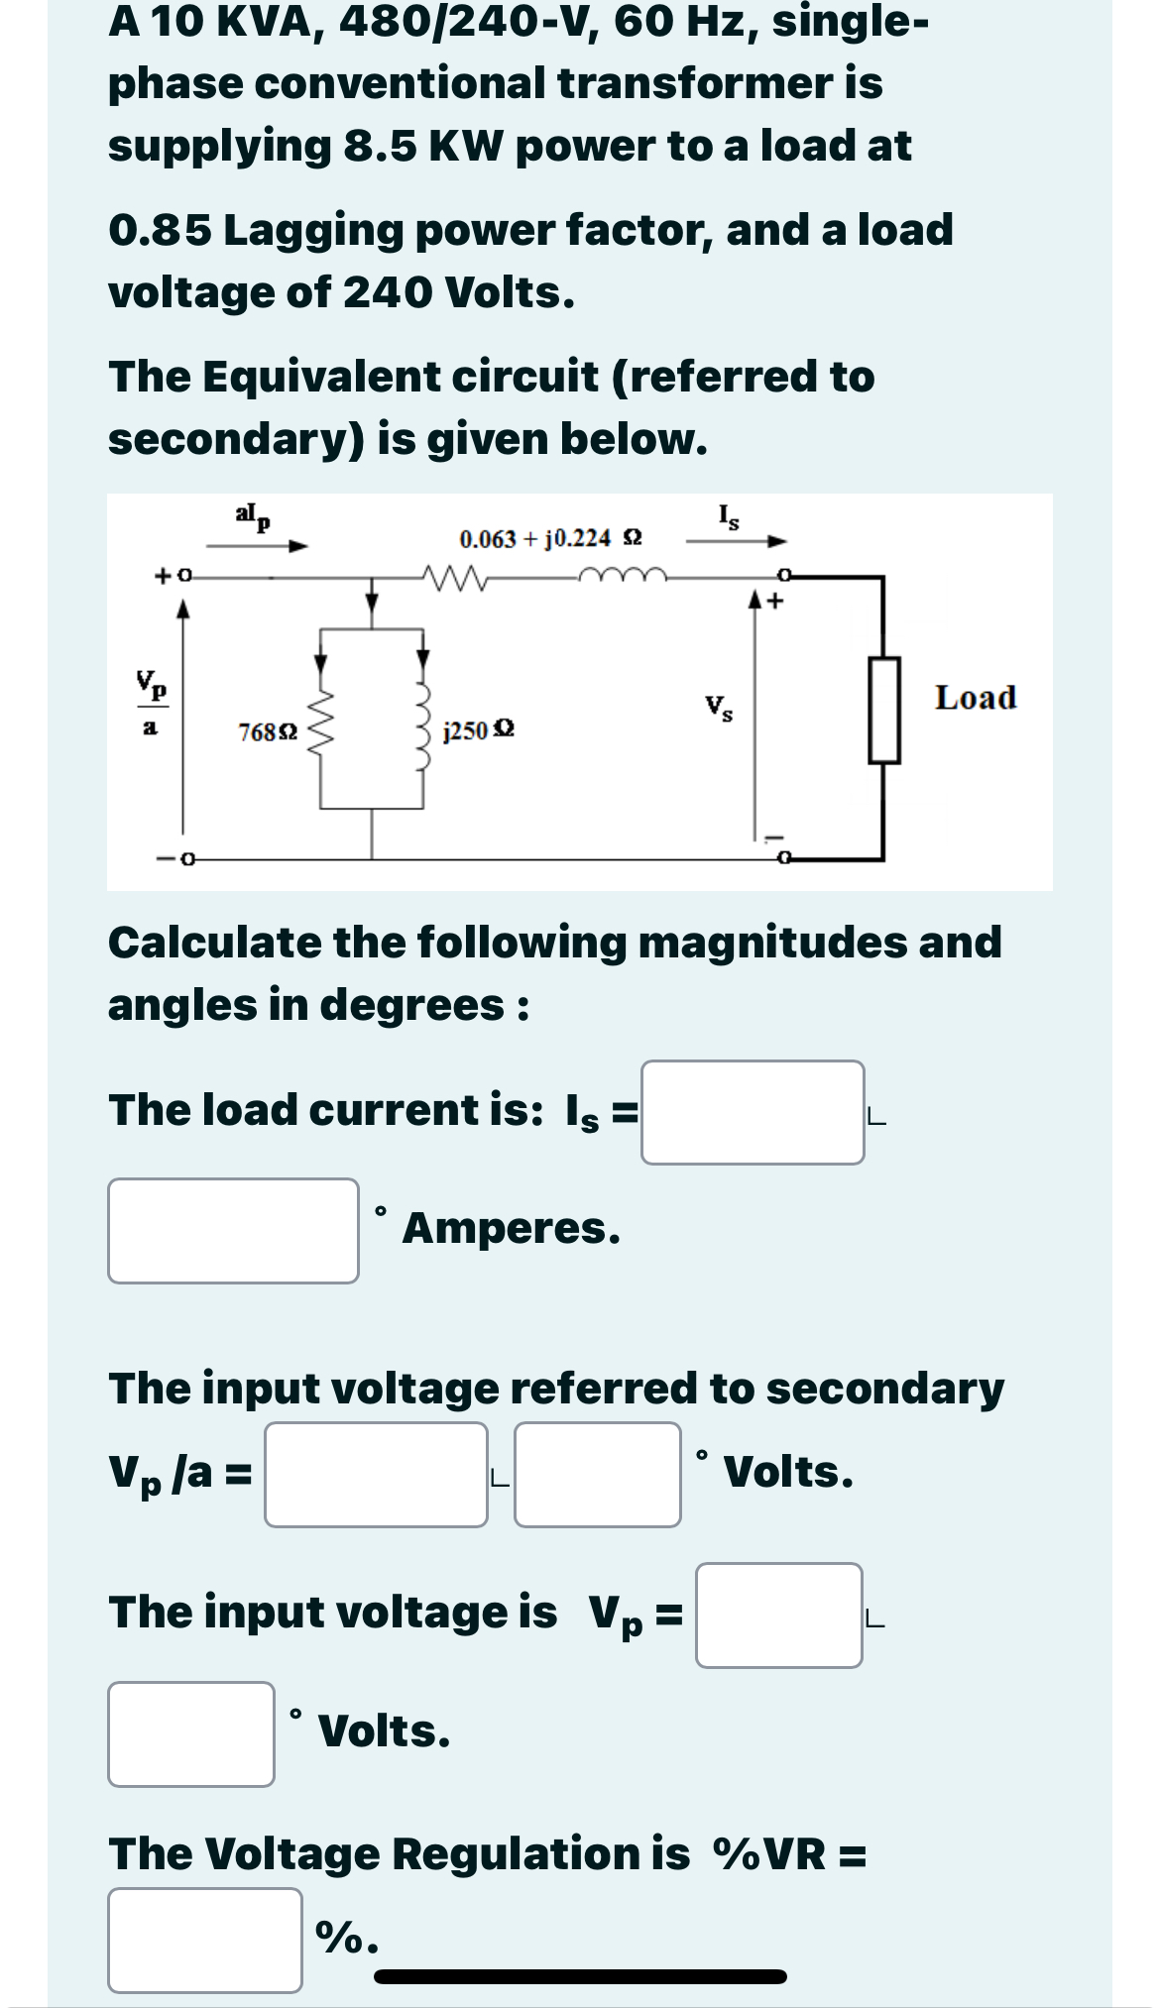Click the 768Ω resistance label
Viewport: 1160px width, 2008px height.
[x=268, y=733]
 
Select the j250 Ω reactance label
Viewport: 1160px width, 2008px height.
[x=479, y=730]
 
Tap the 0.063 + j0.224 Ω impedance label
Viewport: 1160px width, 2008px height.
[x=550, y=539]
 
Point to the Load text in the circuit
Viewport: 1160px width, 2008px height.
[x=976, y=698]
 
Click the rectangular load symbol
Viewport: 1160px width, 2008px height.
[x=884, y=710]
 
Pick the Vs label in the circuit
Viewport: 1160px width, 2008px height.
[x=720, y=709]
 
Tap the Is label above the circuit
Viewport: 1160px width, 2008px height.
[x=728, y=516]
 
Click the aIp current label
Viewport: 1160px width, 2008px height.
[x=254, y=515]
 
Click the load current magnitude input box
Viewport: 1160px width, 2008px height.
[x=753, y=1112]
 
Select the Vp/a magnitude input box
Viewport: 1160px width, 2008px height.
[x=376, y=1474]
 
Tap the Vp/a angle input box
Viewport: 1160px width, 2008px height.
[x=597, y=1474]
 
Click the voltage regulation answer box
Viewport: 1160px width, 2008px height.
[x=205, y=1940]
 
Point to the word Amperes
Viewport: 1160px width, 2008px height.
[x=512, y=1229]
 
